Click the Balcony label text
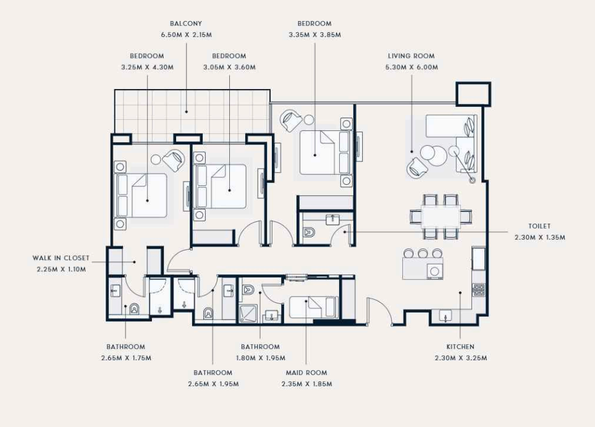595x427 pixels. (186, 23)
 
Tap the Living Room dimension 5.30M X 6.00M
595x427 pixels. (411, 67)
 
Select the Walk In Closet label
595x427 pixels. (61, 258)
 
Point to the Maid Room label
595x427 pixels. (306, 373)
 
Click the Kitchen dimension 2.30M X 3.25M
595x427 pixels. (461, 358)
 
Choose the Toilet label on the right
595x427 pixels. (539, 226)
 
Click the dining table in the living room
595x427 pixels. (441, 217)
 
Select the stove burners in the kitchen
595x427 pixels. (478, 290)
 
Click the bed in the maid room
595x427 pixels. (314, 308)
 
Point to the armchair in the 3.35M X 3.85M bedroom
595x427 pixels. (290, 120)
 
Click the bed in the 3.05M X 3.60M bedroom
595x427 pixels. (220, 187)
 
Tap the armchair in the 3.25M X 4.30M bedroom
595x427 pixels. (174, 159)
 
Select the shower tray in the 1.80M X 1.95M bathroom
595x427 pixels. (248, 314)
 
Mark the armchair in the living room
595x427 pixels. (417, 167)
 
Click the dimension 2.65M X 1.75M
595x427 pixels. (127, 358)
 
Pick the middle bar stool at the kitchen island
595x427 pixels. (423, 253)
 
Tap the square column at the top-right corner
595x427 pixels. (473, 94)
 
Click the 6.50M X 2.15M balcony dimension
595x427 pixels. (187, 35)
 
